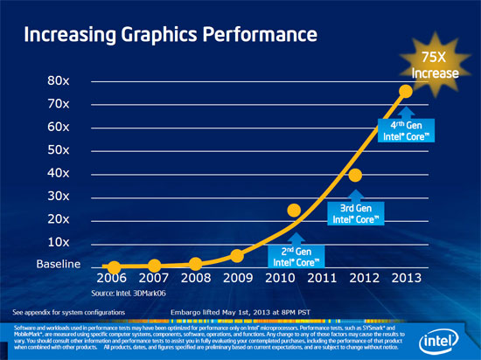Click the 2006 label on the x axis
(x=114, y=280)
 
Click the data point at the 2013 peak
(x=406, y=91)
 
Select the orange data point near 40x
(x=355, y=176)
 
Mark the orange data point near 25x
(x=294, y=210)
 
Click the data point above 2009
(x=236, y=255)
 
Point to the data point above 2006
(x=114, y=267)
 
